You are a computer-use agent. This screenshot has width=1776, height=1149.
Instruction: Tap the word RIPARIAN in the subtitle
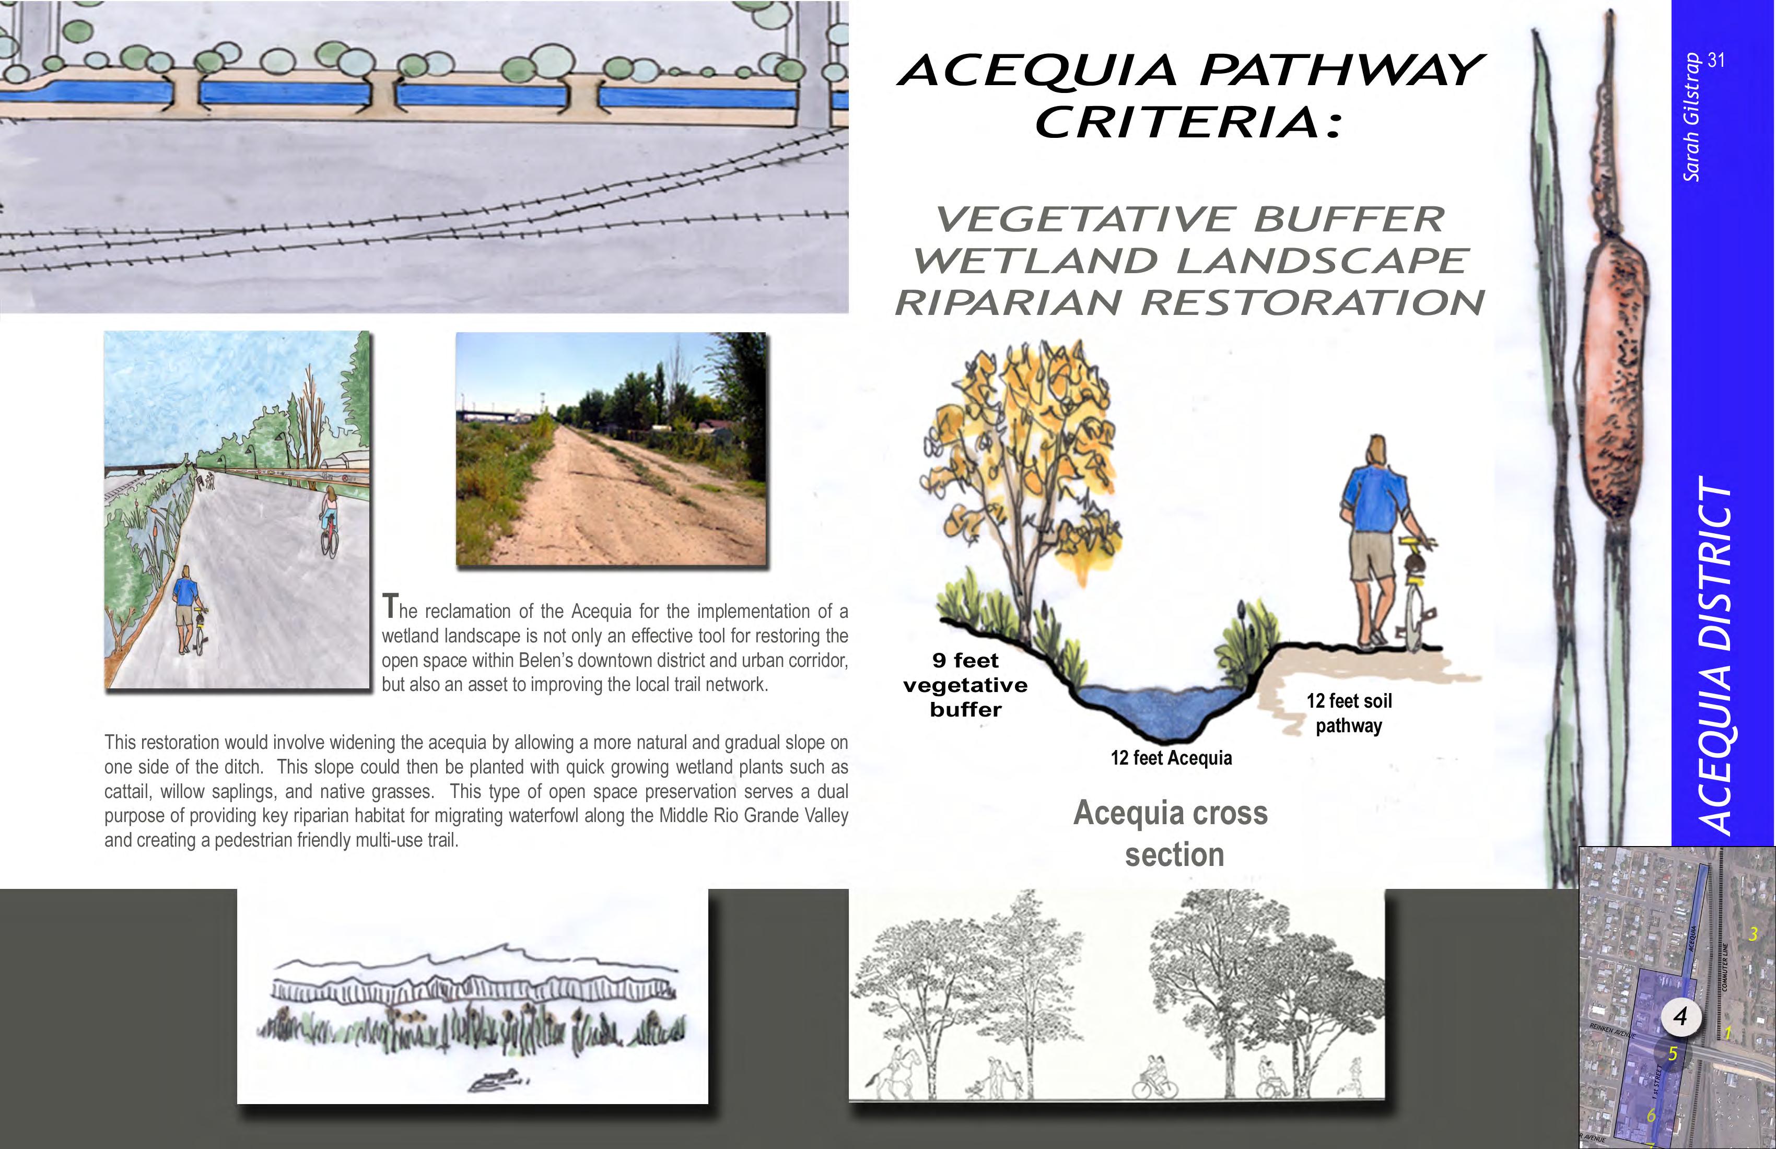click(1008, 303)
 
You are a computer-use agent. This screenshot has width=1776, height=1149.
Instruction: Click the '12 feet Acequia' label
click(1171, 758)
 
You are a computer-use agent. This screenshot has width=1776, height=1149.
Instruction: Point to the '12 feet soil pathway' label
click(1349, 713)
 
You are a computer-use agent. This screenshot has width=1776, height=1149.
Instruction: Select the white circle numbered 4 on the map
click(1680, 1016)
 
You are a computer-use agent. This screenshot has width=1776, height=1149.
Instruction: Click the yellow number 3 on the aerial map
click(1754, 933)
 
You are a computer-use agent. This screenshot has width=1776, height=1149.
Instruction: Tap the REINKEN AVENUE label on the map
click(1612, 1030)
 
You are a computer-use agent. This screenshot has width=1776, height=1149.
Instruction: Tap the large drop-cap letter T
click(390, 606)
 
